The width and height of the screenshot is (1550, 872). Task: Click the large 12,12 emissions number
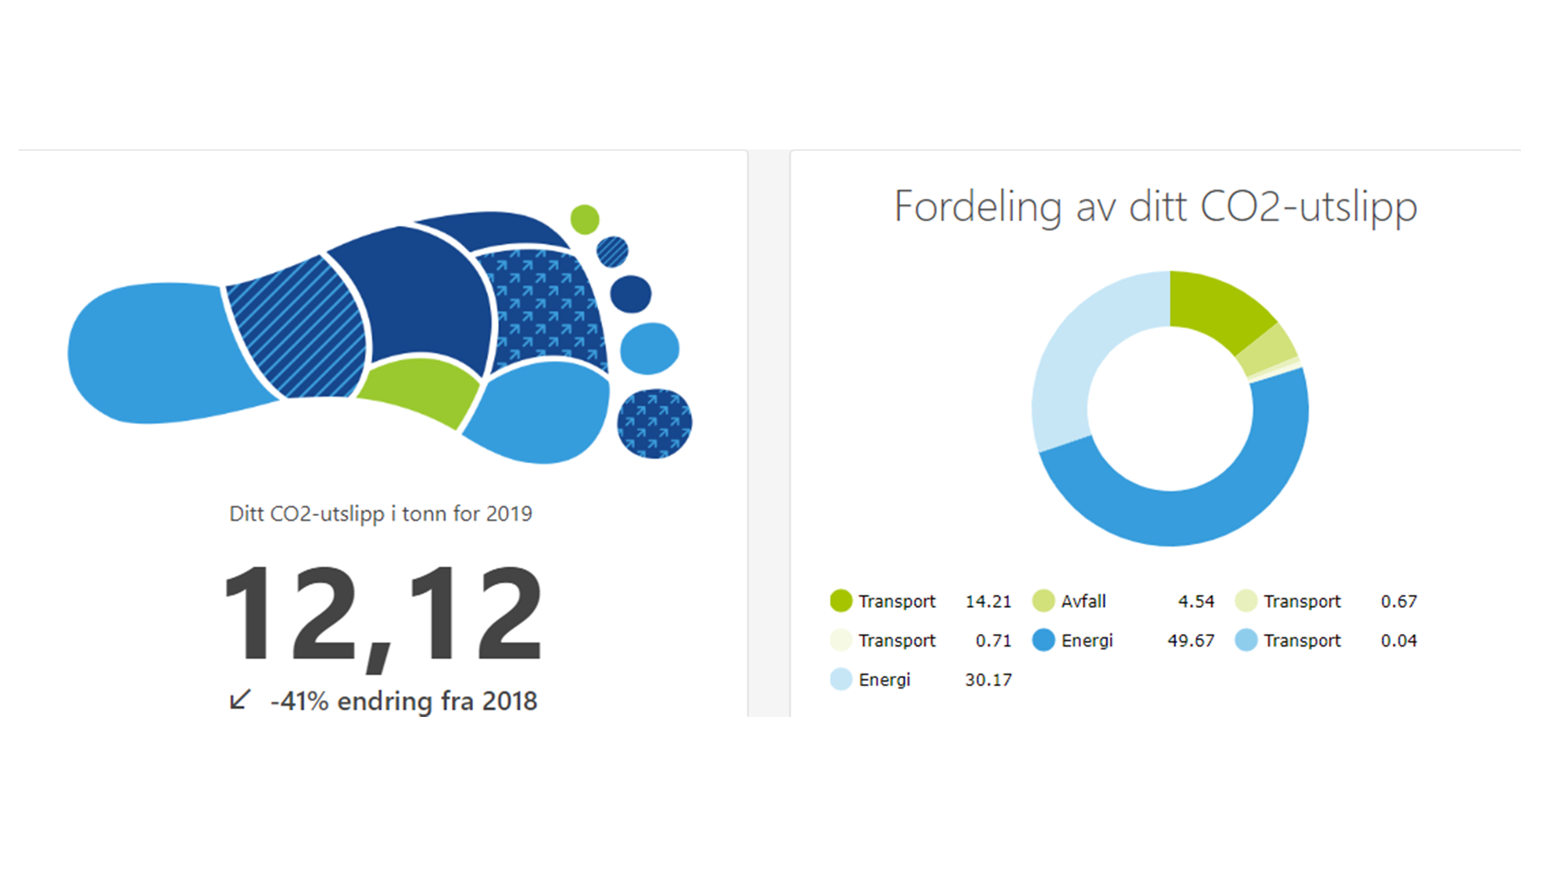[x=383, y=614]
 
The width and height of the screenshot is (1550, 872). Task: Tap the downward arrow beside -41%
[x=240, y=699]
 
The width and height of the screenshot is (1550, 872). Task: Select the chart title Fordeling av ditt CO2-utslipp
[x=1155, y=207]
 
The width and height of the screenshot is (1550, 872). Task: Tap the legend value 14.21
[x=988, y=602]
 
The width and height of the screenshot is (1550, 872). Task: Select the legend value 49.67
[x=1191, y=640]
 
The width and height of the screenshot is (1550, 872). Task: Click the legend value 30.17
[x=988, y=680]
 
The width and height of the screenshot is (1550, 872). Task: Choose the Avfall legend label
[x=1083, y=602]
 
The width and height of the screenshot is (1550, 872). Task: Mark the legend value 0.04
[x=1398, y=640]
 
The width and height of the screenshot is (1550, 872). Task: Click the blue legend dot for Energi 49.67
[x=1044, y=640]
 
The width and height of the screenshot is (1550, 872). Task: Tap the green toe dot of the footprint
[x=584, y=219]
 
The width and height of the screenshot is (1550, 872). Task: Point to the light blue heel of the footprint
[x=153, y=353]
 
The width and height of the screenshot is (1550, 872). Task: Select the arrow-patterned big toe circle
[x=654, y=424]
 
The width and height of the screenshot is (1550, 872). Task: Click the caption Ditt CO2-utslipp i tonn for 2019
[x=380, y=514]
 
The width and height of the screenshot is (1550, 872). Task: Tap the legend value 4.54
[x=1196, y=602]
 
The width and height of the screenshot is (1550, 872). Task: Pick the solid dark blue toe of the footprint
[x=630, y=294]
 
